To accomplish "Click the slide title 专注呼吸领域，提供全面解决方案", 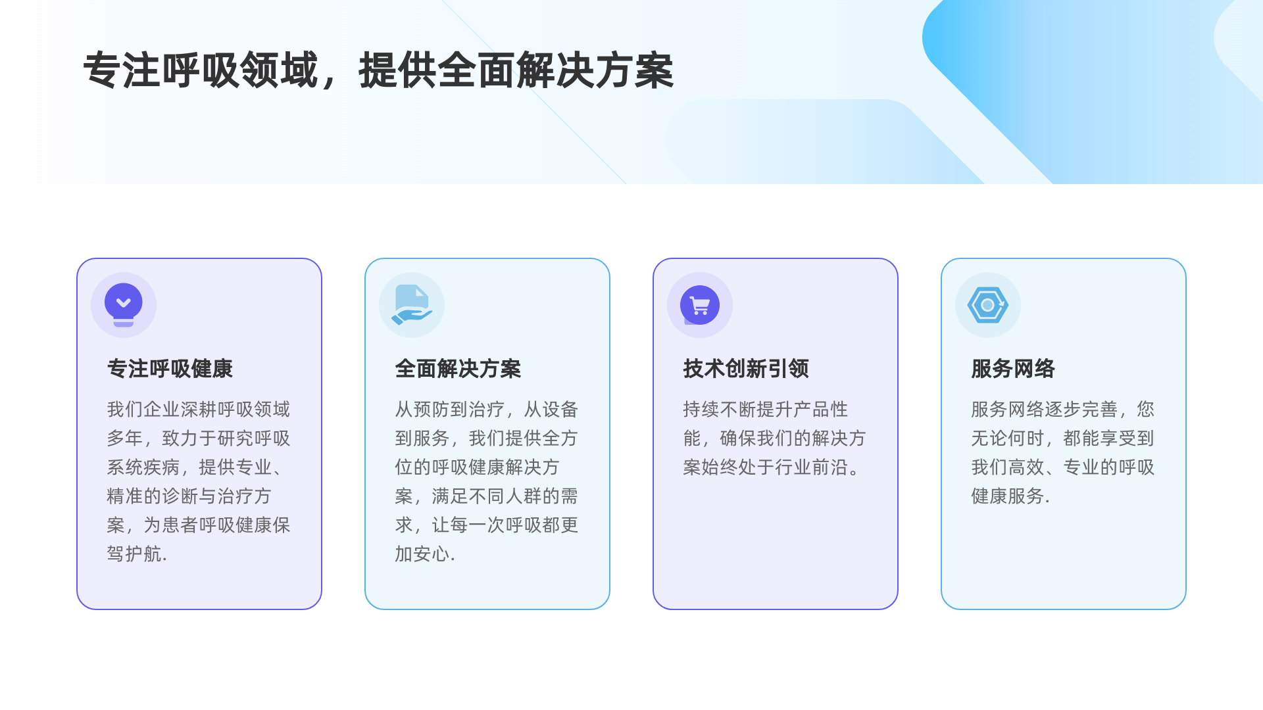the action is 378,70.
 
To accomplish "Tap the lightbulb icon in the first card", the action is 124,304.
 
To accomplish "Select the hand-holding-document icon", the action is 412,305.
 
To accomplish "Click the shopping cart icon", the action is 700,305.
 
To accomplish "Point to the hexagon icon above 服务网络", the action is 988,305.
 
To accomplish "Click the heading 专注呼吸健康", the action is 170,369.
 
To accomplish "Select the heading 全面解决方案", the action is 458,369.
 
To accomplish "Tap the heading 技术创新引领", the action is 746,369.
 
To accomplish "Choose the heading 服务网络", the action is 1013,369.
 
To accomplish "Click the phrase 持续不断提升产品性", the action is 766,409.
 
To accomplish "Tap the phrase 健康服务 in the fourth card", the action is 1008,496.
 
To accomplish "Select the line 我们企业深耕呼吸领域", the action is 199,409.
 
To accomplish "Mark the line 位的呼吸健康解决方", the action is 478,467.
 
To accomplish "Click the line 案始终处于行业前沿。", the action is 771,467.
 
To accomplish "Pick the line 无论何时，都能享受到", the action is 1063,438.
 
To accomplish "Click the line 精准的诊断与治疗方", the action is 189,496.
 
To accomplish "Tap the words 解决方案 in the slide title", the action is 595,70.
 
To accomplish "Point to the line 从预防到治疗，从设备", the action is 487,409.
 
